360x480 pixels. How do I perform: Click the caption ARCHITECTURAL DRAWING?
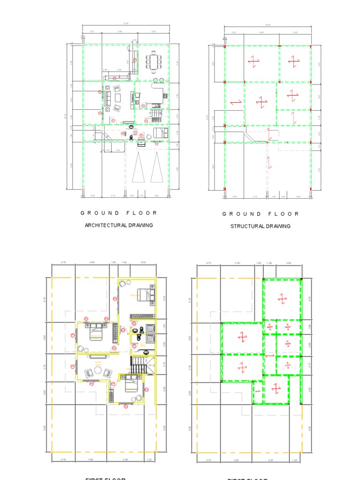coord(119,225)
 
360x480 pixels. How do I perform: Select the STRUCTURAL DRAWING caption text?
coord(260,226)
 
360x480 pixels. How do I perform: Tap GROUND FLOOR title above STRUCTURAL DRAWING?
coord(260,214)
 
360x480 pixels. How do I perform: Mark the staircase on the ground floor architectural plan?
coord(153,115)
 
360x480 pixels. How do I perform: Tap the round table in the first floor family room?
coord(98,370)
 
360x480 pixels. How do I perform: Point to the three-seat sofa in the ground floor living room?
coord(107,98)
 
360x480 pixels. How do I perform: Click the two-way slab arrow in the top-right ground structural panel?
coord(294,61)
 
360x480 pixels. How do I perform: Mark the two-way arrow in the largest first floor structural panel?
coord(282,298)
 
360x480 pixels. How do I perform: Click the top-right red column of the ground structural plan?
coord(311,46)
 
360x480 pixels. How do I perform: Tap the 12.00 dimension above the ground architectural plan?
coord(126,24)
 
